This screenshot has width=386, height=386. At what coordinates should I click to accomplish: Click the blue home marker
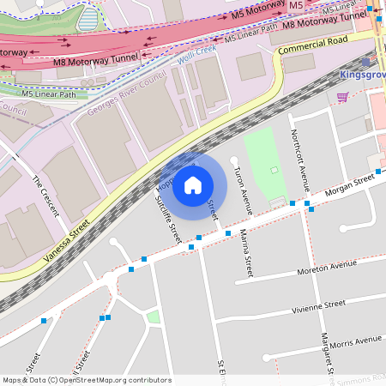(193, 184)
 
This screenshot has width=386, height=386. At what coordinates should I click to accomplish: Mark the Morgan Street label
(350, 185)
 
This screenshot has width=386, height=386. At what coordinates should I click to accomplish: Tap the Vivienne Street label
(317, 305)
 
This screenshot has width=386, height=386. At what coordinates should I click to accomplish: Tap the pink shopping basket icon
(343, 97)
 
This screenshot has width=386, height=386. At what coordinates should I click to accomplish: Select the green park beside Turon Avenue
(266, 163)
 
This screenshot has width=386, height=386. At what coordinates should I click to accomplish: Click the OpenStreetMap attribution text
(86, 380)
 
